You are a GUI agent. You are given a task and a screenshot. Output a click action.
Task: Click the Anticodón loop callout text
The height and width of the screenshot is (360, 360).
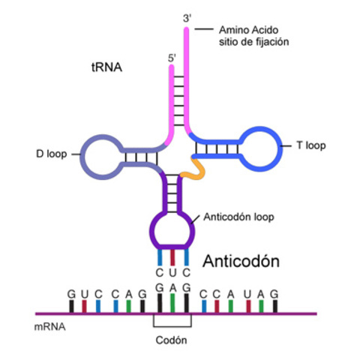tap(238, 217)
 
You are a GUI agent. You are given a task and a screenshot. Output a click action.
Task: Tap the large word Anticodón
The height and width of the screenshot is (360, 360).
tap(241, 262)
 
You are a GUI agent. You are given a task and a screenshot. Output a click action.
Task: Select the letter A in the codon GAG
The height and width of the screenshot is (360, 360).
tap(172, 287)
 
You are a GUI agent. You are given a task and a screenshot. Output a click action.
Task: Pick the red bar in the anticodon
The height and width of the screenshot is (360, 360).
tap(172, 255)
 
